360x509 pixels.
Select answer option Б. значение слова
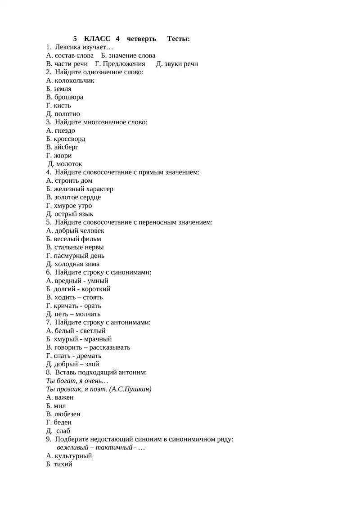128,55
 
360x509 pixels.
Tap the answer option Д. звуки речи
177,64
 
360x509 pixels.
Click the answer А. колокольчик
70,81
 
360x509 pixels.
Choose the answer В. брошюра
64,97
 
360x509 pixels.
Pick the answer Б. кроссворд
66,139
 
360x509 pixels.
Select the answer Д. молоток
65,164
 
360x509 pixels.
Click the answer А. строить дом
69,181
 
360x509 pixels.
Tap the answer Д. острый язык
70,214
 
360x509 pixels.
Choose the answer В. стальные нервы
75,248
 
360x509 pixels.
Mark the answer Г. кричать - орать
73,306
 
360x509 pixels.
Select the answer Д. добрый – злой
72,364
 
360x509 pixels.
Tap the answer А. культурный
69,456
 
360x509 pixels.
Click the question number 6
48,272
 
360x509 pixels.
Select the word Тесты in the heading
178,39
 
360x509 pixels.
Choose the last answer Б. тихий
59,464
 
